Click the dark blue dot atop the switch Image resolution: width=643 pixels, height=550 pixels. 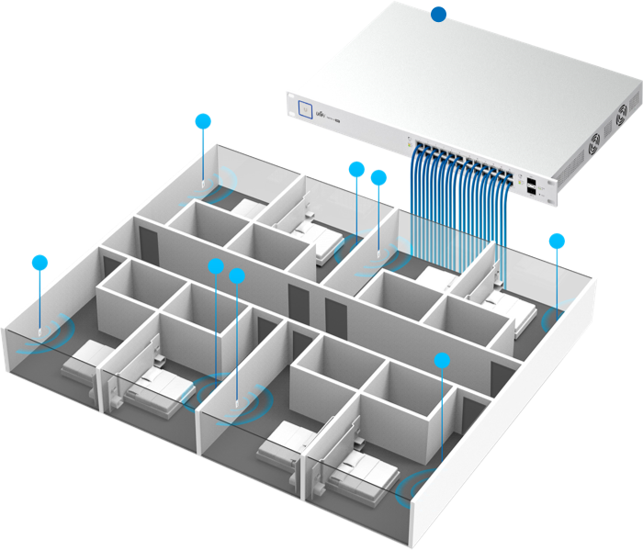coord(439,14)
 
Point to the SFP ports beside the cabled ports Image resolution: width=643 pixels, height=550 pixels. coord(532,183)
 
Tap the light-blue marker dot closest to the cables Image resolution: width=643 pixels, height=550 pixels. coord(378,178)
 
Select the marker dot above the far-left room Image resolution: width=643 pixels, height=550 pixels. coord(39,263)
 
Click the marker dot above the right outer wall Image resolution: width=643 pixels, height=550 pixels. coord(557,241)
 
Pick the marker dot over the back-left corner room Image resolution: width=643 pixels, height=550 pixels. coord(203,120)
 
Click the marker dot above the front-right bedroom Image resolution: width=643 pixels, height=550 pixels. coord(443,359)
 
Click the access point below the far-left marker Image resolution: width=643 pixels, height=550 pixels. coord(39,329)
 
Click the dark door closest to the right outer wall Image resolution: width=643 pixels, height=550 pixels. coord(500,376)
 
